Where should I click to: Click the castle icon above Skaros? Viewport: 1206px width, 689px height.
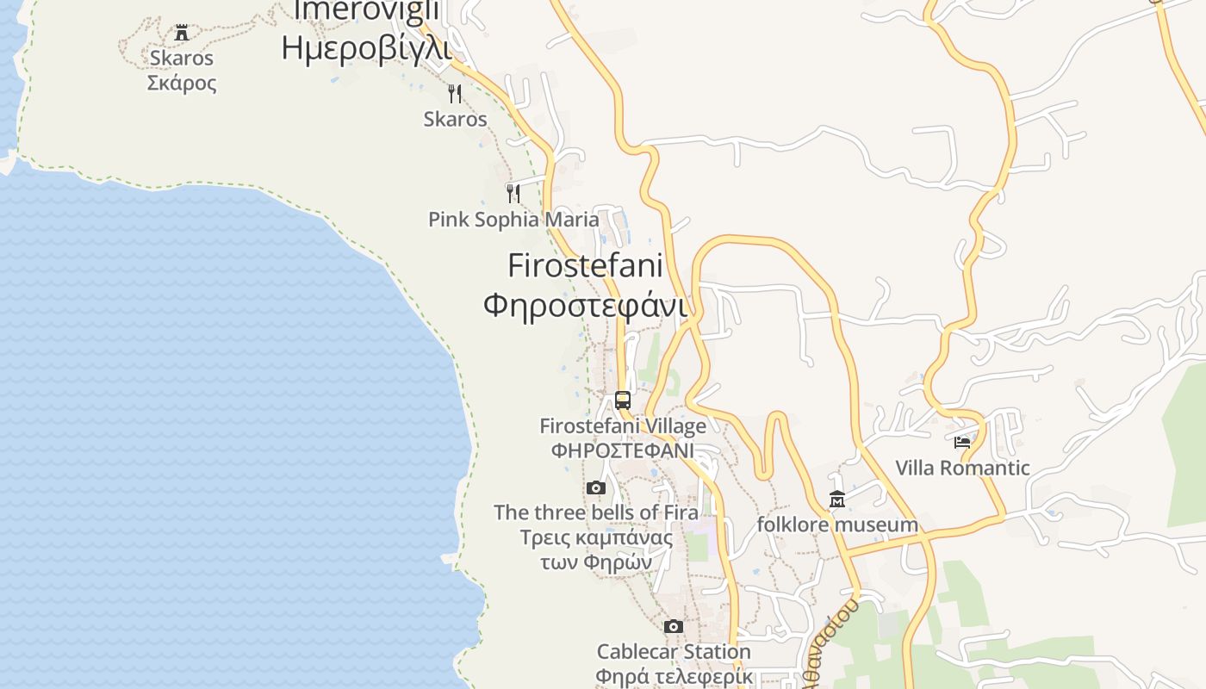click(182, 34)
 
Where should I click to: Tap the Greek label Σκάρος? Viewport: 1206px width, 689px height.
click(182, 83)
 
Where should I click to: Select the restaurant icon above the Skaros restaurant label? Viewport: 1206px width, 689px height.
click(455, 93)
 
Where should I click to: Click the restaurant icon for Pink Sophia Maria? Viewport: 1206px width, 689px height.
click(513, 193)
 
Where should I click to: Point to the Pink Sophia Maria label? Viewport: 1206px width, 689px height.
click(513, 220)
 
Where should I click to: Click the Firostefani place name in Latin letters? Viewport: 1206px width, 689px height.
click(585, 265)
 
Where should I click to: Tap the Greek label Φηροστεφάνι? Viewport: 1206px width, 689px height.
click(585, 305)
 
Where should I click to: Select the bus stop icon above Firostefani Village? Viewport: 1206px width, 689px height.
click(623, 400)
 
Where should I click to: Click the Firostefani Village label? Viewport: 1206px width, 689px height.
click(623, 426)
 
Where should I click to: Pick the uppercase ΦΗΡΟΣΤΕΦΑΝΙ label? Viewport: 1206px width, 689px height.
click(623, 450)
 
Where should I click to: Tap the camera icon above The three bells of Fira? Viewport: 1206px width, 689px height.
click(595, 488)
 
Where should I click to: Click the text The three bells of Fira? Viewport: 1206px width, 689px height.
click(595, 513)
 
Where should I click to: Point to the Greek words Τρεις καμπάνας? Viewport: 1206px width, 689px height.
click(595, 538)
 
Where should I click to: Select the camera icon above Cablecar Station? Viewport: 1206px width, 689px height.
click(674, 626)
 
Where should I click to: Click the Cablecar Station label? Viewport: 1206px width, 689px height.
click(674, 652)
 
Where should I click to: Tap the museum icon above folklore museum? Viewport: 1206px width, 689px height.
click(836, 499)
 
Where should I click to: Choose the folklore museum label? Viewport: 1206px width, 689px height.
click(836, 525)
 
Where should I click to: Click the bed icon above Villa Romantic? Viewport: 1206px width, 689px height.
click(962, 443)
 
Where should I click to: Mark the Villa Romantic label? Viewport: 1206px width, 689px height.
click(962, 469)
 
